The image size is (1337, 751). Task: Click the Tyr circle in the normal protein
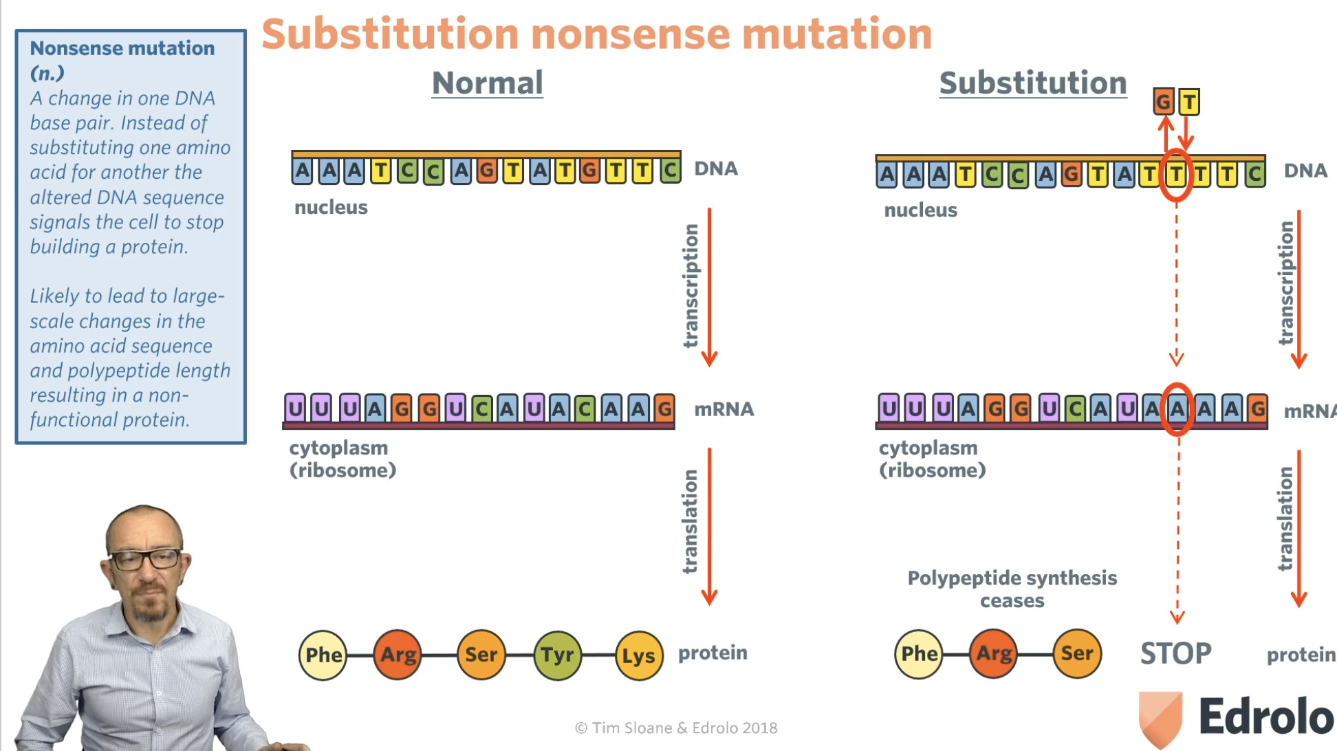tap(557, 655)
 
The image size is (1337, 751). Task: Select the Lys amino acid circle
tap(639, 655)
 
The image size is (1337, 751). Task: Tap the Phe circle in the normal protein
tap(323, 655)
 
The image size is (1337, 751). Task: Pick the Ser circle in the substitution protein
tap(1076, 653)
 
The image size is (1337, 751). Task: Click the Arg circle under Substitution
tap(994, 653)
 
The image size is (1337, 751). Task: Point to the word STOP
tap(1175, 653)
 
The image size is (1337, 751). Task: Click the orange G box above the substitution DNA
tap(1163, 102)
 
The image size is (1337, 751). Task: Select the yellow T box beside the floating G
tap(1189, 102)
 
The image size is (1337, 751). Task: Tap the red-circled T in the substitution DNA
tap(1176, 175)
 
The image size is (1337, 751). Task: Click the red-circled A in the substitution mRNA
tap(1177, 409)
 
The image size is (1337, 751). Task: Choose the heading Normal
tap(487, 83)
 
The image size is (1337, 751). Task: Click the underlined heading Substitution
tap(1032, 83)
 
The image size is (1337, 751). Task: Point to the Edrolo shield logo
tap(1160, 717)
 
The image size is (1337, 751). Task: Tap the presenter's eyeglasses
tap(146, 559)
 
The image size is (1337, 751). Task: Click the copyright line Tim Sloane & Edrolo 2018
tap(676, 728)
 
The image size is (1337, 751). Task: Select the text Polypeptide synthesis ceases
tap(1012, 589)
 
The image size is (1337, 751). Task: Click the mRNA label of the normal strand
tap(724, 409)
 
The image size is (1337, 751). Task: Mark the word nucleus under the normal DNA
tap(331, 207)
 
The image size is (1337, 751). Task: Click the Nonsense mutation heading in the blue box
tap(122, 48)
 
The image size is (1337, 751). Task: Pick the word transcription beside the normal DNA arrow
tap(691, 285)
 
